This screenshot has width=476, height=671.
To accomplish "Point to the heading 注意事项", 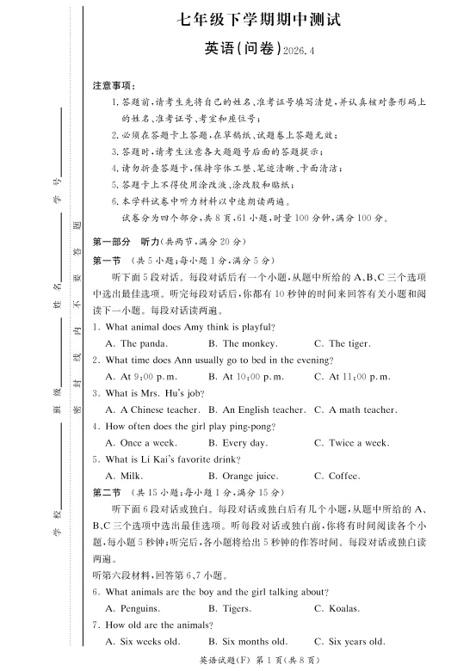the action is [x=114, y=86].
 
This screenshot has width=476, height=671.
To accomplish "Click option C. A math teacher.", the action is [x=355, y=409].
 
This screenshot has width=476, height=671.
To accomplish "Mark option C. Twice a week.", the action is [x=351, y=443].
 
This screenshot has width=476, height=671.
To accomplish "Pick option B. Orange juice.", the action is [x=243, y=476].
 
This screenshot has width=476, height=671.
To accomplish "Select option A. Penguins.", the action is [x=136, y=608].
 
